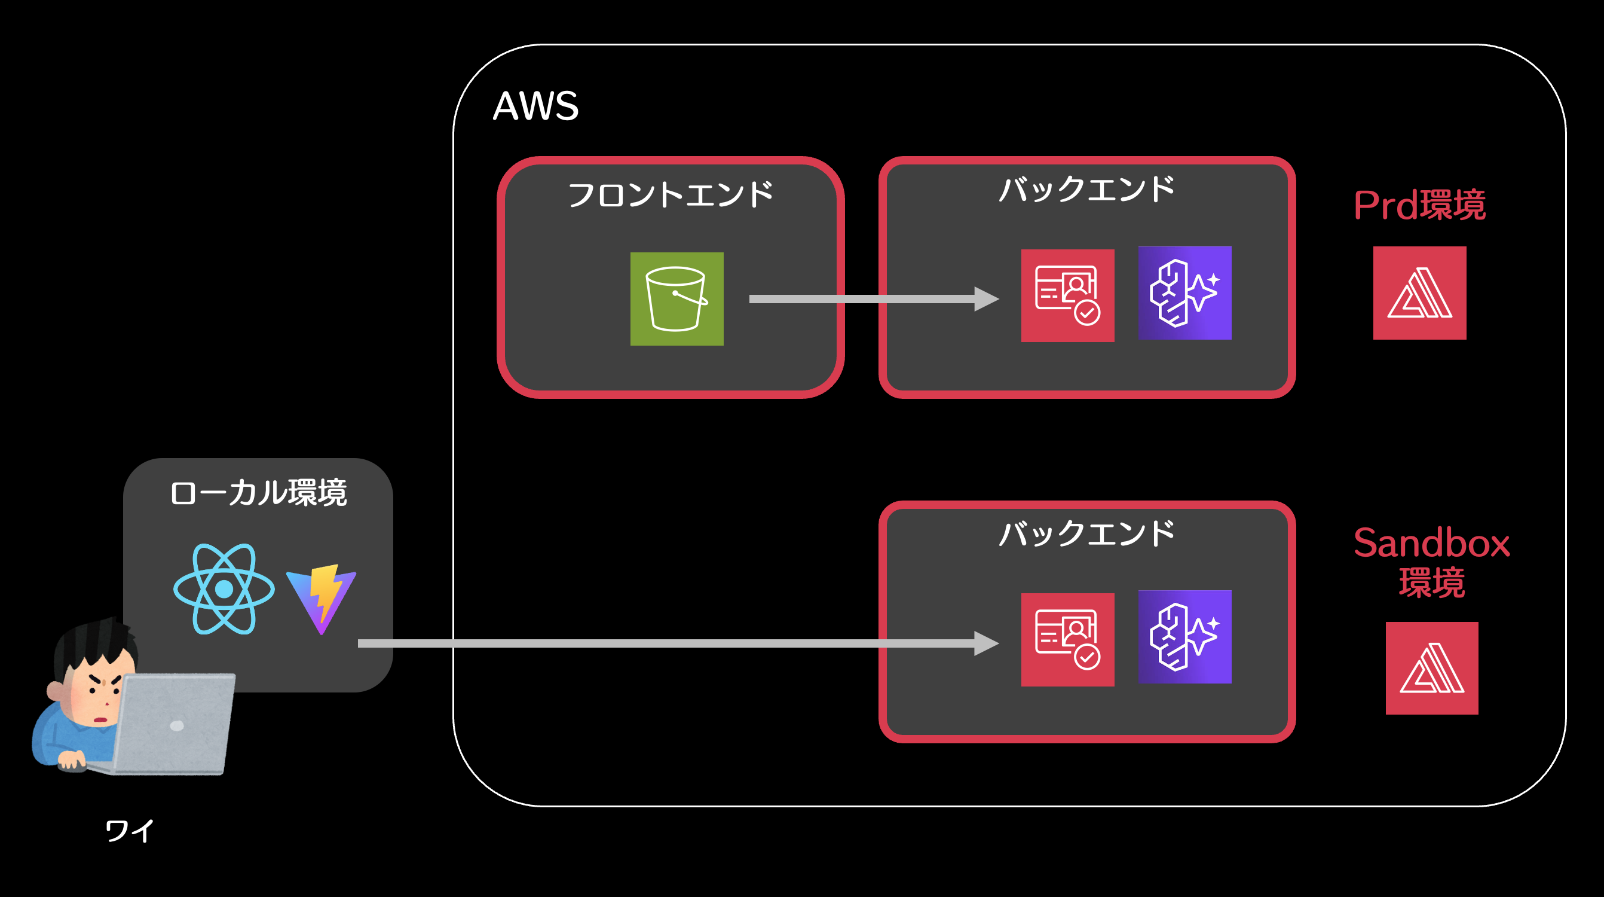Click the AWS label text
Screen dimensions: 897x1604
535,106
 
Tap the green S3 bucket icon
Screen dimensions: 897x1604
677,299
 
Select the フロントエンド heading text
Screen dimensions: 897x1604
670,194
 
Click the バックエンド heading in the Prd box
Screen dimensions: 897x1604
1086,189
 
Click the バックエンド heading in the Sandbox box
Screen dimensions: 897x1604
1086,533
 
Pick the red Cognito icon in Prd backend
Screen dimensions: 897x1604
1067,296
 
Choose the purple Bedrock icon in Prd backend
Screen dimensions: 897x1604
1184,293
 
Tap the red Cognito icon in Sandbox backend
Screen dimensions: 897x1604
1067,640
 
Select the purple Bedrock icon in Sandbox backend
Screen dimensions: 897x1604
1184,637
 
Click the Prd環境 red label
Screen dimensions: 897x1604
1419,205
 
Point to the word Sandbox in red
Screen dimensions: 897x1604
1431,543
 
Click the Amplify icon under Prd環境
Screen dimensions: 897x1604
1419,293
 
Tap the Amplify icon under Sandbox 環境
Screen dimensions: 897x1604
1431,668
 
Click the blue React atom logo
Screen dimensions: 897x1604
224,588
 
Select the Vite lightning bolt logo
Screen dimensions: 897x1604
322,598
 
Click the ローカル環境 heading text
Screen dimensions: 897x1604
258,493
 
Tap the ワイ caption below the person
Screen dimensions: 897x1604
130,831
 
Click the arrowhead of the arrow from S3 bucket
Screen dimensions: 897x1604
986,299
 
